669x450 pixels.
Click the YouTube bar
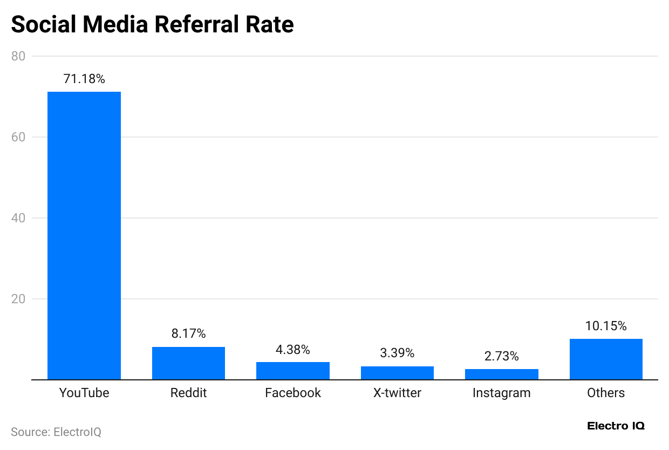coord(84,235)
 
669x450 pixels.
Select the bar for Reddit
coord(188,363)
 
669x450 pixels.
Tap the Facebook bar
coord(293,371)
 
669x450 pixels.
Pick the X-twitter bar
coord(397,373)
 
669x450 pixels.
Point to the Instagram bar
coord(502,374)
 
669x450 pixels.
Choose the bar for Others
coord(606,359)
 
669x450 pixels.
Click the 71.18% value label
coord(84,79)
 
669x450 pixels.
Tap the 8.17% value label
coord(188,333)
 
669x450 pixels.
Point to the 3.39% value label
coord(397,353)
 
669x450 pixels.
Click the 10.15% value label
coord(606,326)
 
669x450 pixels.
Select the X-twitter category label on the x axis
coord(397,393)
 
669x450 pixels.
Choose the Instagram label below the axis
coord(502,393)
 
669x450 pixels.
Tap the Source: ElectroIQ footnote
coord(56,432)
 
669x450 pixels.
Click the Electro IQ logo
coord(616,426)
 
